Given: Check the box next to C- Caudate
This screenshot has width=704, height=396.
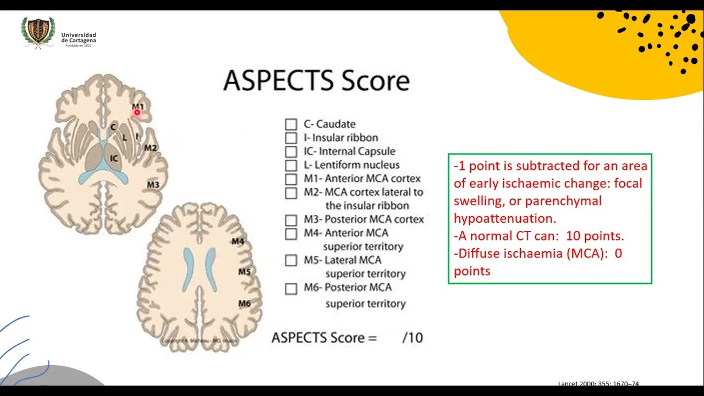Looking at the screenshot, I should [x=291, y=124].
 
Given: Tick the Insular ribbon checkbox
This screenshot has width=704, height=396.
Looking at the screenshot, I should [x=291, y=137].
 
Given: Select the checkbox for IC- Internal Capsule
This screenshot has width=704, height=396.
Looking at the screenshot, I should [x=291, y=151].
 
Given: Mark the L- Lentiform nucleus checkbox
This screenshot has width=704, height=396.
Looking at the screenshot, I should [x=291, y=165].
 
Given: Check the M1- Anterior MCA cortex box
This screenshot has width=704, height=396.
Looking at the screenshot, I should [x=291, y=179].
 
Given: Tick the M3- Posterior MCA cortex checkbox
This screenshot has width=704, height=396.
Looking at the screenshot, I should [x=291, y=220].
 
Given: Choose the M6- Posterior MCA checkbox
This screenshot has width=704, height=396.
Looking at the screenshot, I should [x=291, y=288].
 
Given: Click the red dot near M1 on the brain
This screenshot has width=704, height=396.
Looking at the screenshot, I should [x=137, y=113].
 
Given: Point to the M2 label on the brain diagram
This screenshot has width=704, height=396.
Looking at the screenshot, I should [x=150, y=147].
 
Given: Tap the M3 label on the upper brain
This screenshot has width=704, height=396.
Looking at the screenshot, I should [x=153, y=185].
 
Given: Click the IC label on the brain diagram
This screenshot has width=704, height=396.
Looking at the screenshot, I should [x=114, y=158].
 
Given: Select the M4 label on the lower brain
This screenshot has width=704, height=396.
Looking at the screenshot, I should [x=238, y=241].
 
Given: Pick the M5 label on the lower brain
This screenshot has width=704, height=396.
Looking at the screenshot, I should [x=244, y=272].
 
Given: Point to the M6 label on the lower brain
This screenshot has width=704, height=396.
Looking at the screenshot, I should [x=244, y=303].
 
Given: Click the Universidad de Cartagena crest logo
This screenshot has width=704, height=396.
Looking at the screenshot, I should [x=38, y=32].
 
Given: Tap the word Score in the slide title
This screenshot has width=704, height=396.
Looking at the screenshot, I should [x=376, y=81].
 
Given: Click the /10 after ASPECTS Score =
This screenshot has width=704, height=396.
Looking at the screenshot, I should [x=413, y=338].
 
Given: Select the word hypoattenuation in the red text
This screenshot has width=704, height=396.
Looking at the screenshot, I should [x=504, y=218].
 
